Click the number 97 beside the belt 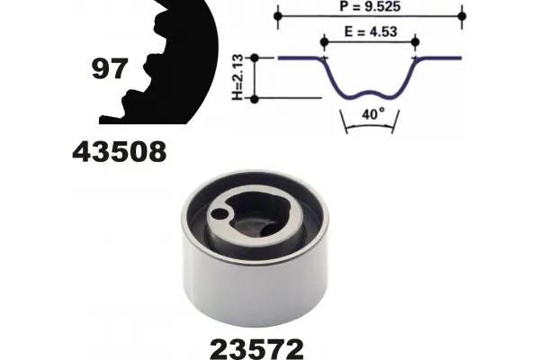110,69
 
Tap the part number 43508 120,152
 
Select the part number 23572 256,349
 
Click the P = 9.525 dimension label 370,6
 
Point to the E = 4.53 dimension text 371,31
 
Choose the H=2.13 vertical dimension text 238,77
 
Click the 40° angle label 373,113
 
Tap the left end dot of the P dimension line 278,16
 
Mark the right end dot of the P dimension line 463,16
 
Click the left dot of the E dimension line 324,42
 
